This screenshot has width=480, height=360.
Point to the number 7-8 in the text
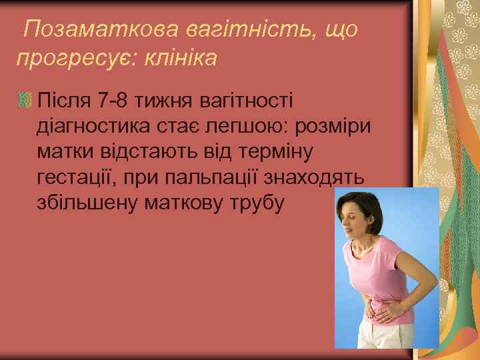[113, 101]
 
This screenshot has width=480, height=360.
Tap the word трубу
[257, 203]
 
